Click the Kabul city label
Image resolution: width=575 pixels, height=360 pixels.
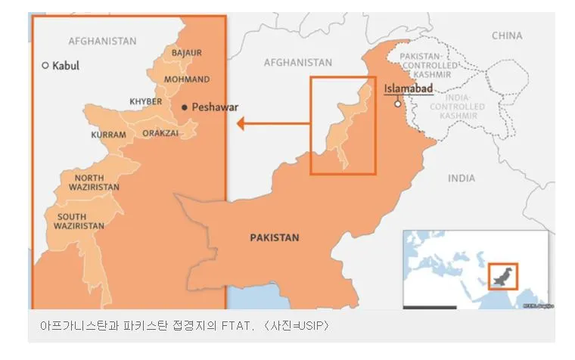(65, 66)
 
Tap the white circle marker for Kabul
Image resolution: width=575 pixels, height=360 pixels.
(45, 66)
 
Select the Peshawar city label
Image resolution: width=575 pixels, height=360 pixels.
(215, 107)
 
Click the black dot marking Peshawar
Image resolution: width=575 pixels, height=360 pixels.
(185, 107)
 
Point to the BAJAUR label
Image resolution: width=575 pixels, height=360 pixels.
(187, 52)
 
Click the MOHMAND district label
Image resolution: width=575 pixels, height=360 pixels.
(187, 79)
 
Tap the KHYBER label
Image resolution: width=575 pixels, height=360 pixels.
(145, 101)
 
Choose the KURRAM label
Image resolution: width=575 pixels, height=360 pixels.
(108, 135)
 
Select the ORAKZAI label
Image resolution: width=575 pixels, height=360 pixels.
(160, 133)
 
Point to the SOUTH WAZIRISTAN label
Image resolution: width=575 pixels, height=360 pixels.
(79, 222)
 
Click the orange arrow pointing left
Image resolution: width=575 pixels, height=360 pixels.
(272, 123)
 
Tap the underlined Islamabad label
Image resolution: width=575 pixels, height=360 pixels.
(409, 89)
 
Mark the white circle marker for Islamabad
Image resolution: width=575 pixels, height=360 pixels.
(397, 104)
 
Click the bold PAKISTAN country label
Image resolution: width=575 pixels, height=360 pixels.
(275, 237)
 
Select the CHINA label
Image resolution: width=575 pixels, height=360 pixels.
(507, 36)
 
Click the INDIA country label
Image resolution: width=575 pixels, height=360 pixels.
(462, 178)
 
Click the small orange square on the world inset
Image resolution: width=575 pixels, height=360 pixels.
(502, 276)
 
